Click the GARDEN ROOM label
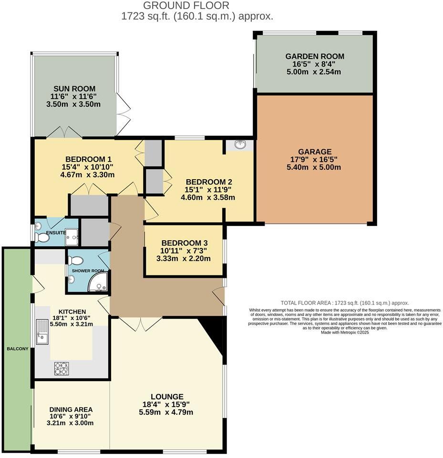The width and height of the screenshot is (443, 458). coord(315,56)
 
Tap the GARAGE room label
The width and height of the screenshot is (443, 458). coord(315,152)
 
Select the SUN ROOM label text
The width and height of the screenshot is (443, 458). coord(74,89)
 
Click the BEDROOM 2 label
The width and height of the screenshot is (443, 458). coord(209,182)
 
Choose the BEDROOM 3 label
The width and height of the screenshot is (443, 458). coord(184,243)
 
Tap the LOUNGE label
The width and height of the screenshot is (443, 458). coord(167,397)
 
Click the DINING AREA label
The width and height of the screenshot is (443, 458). coord(71,409)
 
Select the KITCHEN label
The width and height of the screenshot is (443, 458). coord(72,311)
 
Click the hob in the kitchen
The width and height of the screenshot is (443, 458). coord(62,368)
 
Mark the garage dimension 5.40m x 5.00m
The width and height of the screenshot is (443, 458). coord(315,167)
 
